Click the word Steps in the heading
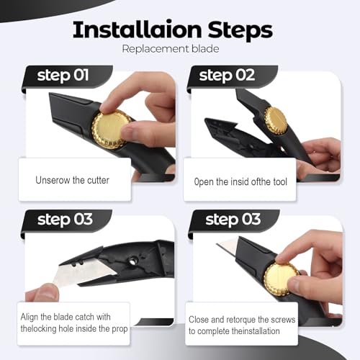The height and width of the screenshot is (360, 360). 240,31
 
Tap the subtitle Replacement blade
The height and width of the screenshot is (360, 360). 171,49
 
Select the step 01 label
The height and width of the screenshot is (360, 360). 63,76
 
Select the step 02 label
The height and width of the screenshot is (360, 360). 227,76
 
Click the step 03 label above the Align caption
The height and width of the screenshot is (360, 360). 65,220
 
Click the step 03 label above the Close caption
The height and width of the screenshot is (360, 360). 233,220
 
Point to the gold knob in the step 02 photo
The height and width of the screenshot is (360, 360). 276,120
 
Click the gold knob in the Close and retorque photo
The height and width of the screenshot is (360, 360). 282,279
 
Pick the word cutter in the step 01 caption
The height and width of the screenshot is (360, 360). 98,180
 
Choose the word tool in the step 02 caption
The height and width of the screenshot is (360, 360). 280,181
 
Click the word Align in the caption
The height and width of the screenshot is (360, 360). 30,318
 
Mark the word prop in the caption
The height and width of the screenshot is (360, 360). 120,329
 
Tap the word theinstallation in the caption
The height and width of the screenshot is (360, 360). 256,331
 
